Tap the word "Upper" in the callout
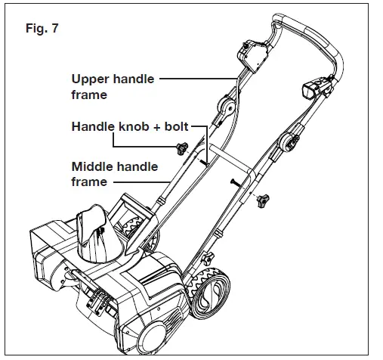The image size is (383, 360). point(89,78)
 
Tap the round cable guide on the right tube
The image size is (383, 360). point(291,142)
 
